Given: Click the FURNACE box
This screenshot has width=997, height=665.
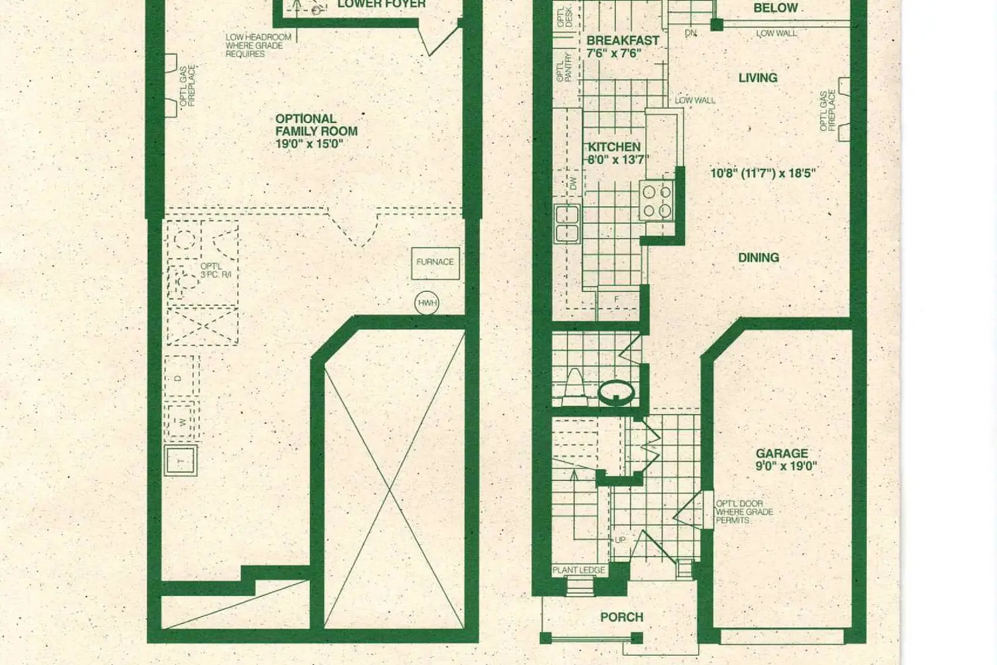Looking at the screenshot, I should point(435,262).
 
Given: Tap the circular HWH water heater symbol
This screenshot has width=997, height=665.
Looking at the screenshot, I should point(427,303).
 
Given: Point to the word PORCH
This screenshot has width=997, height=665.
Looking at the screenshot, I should point(621,617).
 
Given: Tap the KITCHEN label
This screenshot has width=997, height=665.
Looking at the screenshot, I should point(614,147).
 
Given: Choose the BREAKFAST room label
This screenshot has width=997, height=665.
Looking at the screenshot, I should point(622,41).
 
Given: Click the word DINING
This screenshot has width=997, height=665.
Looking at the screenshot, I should point(758,257).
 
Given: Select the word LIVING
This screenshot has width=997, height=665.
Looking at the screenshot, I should point(758,78).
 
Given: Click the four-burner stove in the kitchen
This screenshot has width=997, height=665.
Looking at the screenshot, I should point(657,201).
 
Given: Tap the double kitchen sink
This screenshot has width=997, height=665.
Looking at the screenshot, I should point(567,224).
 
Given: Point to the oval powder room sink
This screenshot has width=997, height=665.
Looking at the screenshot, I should point(616,392).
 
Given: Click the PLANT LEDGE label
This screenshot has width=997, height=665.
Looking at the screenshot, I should point(579,570).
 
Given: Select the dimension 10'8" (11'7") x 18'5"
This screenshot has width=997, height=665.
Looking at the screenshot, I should point(763,174).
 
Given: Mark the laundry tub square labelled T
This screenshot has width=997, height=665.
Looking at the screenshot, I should point(180,461).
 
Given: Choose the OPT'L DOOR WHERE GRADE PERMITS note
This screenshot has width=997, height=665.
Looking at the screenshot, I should point(744,512).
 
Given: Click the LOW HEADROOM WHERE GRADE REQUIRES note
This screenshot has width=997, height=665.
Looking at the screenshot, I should point(258,45).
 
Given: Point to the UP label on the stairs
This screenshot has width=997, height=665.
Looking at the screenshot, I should point(620,539).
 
